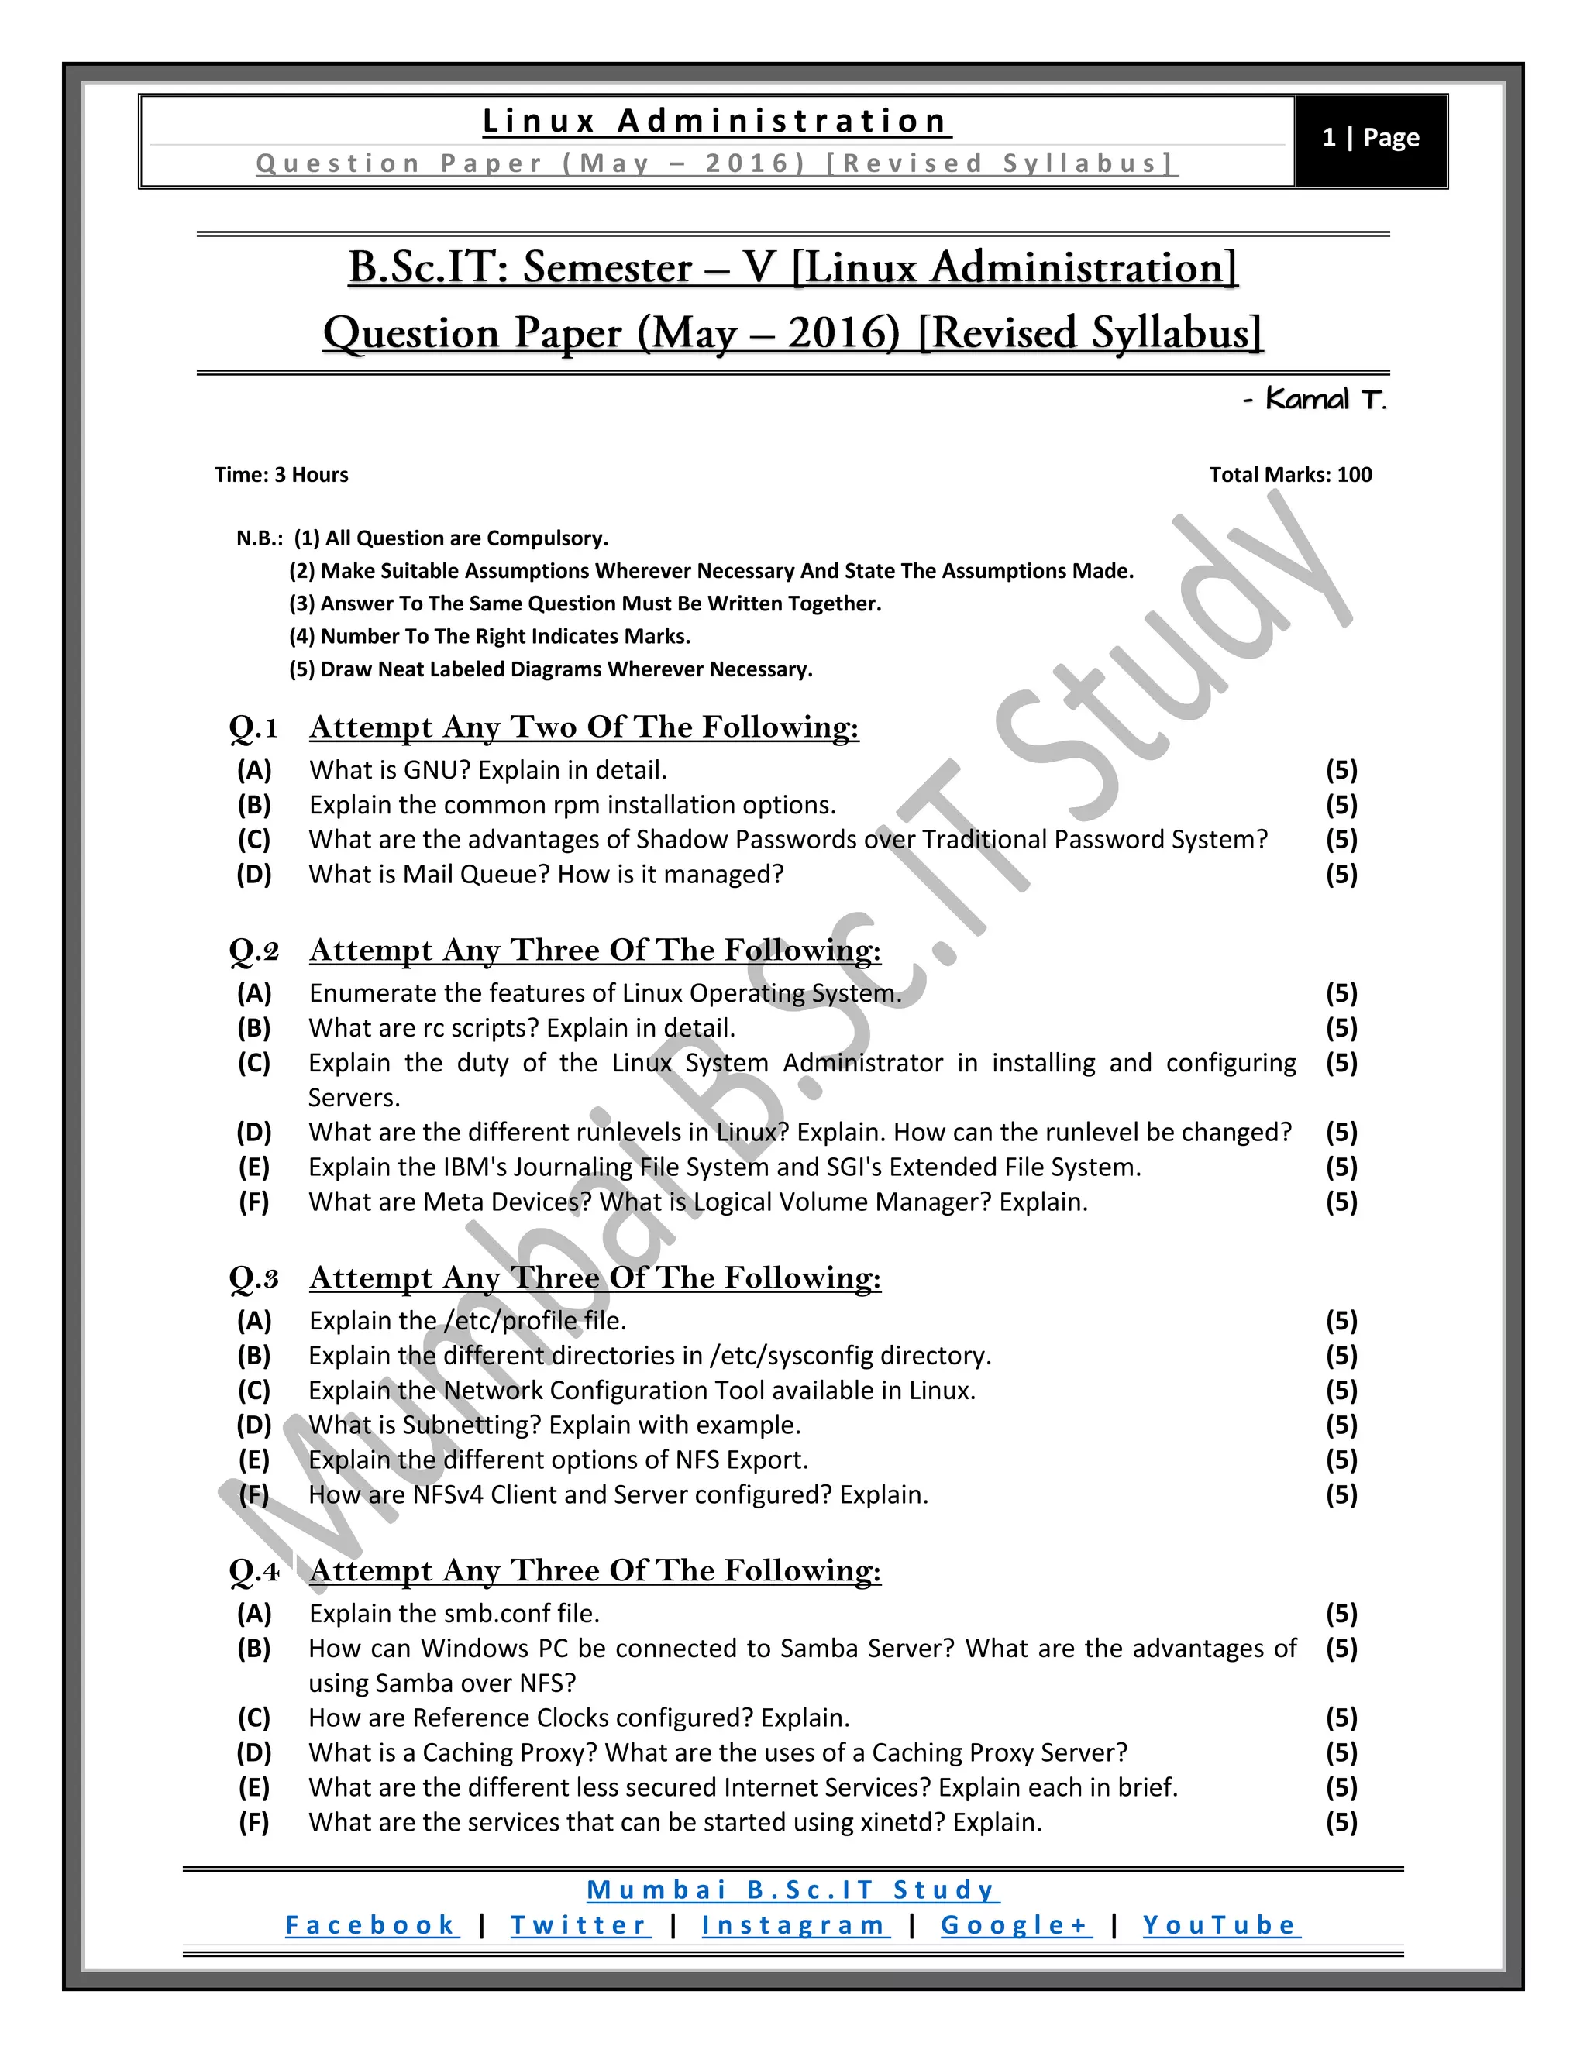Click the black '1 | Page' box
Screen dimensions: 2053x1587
point(1370,139)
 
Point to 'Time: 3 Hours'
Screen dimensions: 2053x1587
point(281,475)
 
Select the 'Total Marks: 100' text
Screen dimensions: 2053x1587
point(1290,475)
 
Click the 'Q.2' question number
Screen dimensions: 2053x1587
point(254,951)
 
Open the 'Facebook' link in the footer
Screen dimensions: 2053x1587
point(371,1926)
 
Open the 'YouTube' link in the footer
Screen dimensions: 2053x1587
point(1220,1926)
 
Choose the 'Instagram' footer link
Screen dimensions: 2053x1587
point(794,1926)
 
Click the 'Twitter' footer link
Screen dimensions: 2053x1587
point(579,1926)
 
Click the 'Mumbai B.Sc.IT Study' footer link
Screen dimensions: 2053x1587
point(793,1890)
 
